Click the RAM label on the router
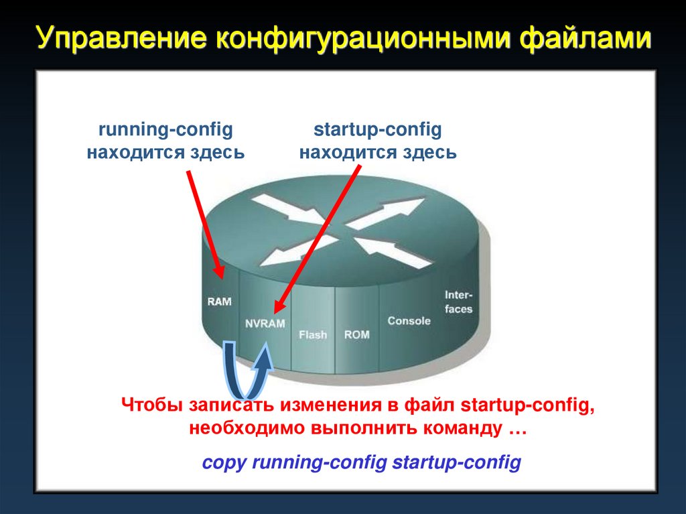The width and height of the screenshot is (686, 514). pyautogui.click(x=219, y=302)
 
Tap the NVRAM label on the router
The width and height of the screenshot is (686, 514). pyautogui.click(x=265, y=323)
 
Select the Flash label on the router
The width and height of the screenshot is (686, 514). pyautogui.click(x=313, y=334)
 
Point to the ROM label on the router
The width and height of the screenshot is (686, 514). pyautogui.click(x=356, y=334)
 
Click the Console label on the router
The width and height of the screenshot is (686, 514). pyautogui.click(x=409, y=320)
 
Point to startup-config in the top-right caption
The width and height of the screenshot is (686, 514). pyautogui.click(x=378, y=129)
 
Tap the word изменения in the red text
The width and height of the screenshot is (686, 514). pyautogui.click(x=332, y=405)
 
